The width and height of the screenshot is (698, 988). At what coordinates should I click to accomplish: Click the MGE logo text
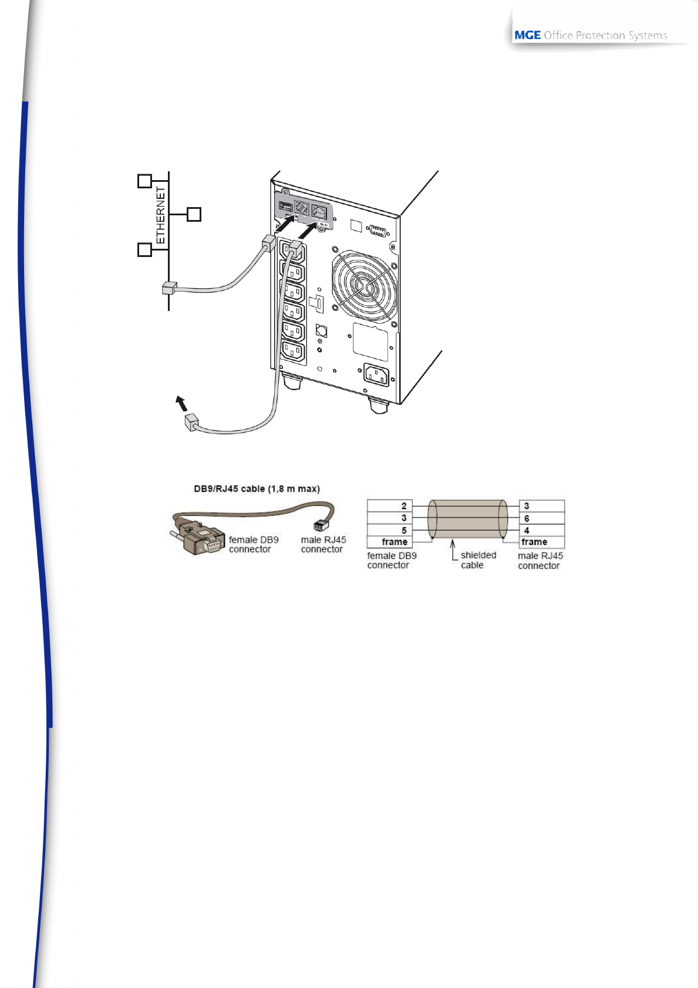(x=527, y=35)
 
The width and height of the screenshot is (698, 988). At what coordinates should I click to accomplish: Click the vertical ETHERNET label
(x=160, y=215)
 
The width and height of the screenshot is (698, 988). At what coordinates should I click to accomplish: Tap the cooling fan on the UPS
(x=364, y=286)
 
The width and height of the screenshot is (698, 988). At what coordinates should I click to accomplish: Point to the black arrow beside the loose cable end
(x=181, y=404)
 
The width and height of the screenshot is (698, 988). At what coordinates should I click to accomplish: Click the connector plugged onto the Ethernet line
(x=169, y=288)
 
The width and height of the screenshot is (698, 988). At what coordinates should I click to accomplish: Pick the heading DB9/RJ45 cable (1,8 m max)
(x=257, y=489)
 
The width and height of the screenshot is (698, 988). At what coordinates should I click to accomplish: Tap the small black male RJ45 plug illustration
(x=321, y=525)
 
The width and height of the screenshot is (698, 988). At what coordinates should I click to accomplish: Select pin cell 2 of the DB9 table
(x=390, y=506)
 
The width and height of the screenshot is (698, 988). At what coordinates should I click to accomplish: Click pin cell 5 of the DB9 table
(x=390, y=530)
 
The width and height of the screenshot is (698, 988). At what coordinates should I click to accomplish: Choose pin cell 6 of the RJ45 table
(x=542, y=518)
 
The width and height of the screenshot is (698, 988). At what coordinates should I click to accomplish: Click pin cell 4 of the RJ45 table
(x=542, y=530)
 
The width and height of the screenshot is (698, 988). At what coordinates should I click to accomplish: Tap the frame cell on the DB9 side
(x=390, y=542)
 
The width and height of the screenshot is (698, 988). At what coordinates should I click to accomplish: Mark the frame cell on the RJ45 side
(x=542, y=542)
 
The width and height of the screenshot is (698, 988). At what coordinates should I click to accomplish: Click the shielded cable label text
(x=478, y=560)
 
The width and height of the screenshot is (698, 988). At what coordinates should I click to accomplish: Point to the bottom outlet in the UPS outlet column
(x=294, y=351)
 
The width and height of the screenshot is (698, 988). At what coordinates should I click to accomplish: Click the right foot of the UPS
(x=379, y=405)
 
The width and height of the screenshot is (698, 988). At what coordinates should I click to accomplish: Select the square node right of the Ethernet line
(x=194, y=215)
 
